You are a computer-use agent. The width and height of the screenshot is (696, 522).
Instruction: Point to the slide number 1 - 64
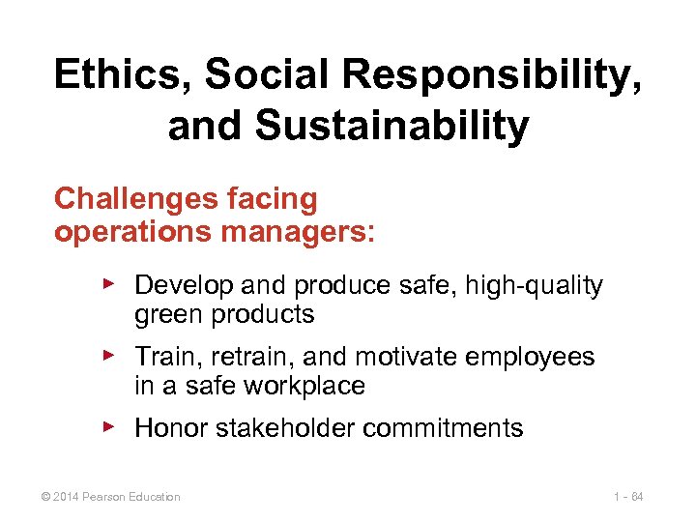tap(627, 497)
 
